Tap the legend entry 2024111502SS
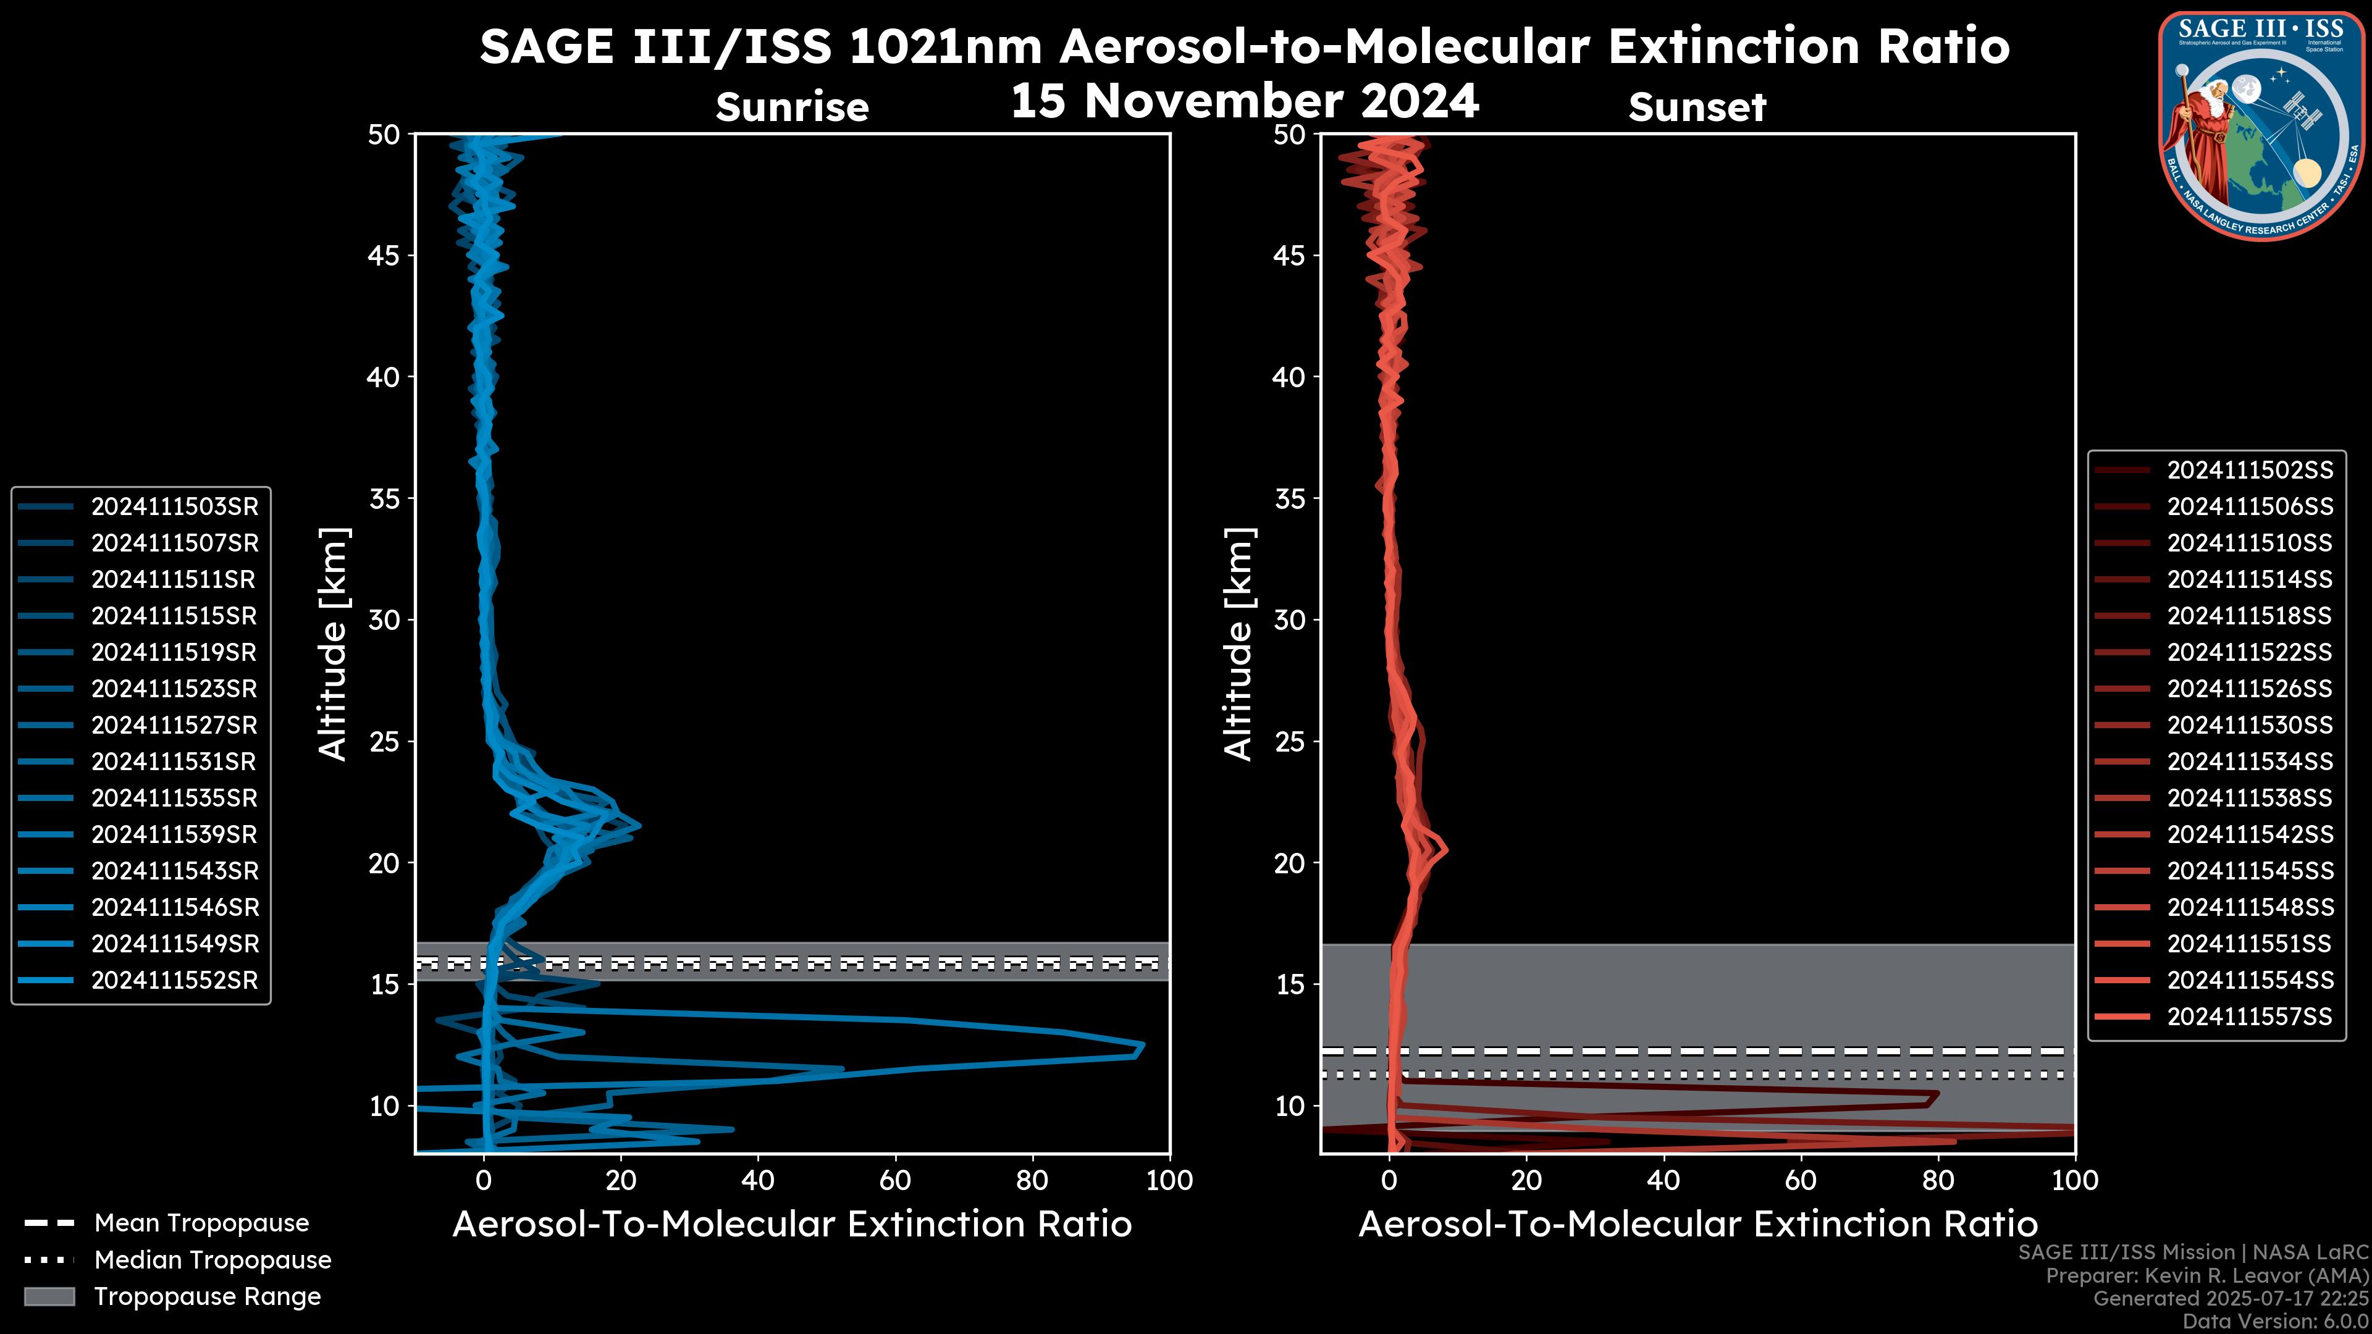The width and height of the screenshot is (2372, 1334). click(2250, 471)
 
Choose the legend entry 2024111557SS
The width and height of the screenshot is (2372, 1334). click(2250, 1017)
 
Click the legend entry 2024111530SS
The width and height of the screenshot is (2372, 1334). click(2250, 726)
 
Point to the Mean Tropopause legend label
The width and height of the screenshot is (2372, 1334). click(201, 1223)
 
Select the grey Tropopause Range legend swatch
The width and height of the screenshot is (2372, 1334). click(49, 1296)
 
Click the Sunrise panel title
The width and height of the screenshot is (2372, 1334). click(792, 107)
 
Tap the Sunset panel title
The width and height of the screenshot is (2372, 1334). click(1697, 107)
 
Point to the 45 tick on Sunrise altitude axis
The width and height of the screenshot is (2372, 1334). click(385, 255)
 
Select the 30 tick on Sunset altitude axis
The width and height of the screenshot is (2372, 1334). click(1290, 619)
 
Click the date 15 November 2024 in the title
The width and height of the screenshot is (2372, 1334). click(1244, 101)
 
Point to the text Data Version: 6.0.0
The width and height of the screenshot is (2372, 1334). click(2276, 1321)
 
